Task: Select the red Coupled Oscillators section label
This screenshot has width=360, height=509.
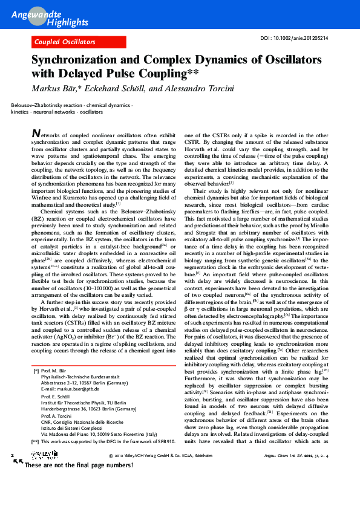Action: (x=65, y=42)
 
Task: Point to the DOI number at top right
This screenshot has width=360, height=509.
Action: (x=294, y=37)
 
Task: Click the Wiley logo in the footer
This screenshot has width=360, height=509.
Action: (x=36, y=488)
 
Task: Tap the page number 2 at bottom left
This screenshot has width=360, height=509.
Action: (x=13, y=487)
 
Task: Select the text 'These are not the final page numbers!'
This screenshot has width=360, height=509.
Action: (x=78, y=499)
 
